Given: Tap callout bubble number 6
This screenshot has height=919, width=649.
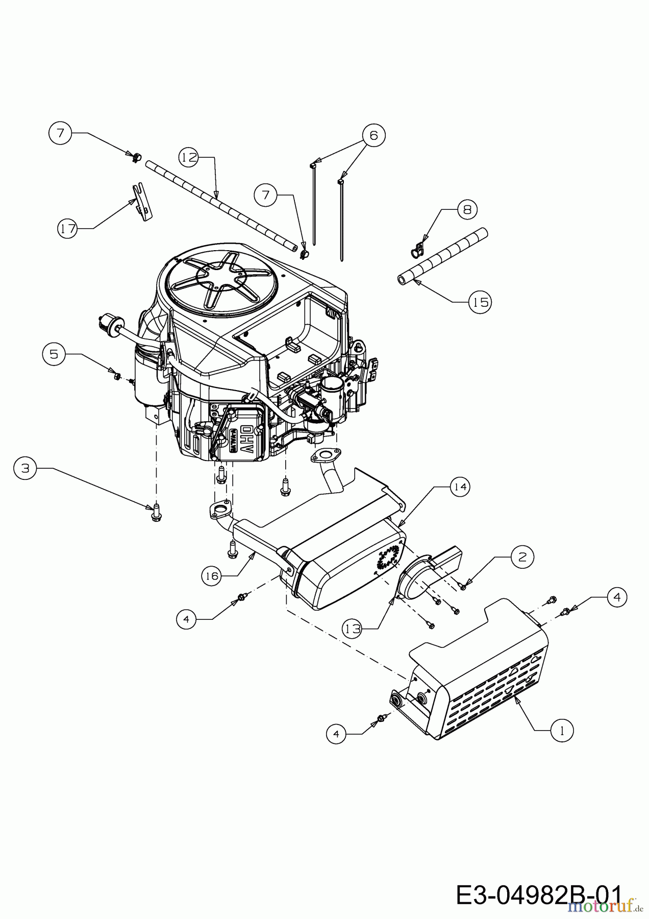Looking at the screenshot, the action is (x=374, y=135).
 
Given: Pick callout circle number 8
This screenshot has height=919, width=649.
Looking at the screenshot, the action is (x=467, y=209).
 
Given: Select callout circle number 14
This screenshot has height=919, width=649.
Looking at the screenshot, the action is (x=460, y=487).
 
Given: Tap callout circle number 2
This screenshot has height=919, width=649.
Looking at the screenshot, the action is (x=522, y=557).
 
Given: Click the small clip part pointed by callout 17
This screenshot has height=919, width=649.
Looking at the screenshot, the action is (x=142, y=202).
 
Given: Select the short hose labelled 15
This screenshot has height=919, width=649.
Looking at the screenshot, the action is (x=442, y=255).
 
